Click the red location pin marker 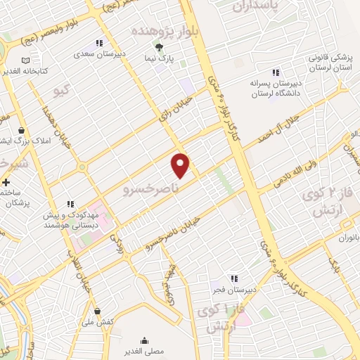pyautogui.click(x=181, y=165)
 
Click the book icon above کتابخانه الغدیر pyautogui.click(x=25, y=60)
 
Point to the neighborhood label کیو pyautogui.click(x=62, y=90)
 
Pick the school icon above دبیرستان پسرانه pyautogui.click(x=276, y=72)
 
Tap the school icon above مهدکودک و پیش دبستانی pyautogui.click(x=70, y=204)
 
